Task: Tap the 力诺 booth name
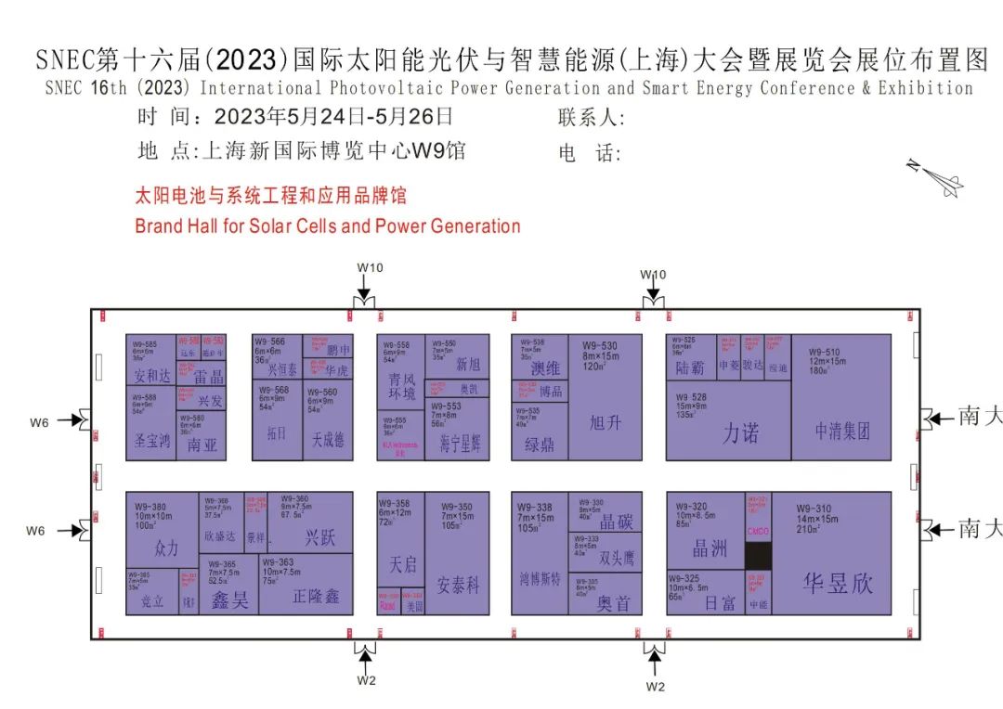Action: (x=740, y=432)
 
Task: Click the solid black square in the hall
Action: (x=758, y=556)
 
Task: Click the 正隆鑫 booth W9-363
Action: (x=306, y=584)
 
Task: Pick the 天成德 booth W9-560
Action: (x=328, y=422)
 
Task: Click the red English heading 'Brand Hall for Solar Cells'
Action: (x=327, y=226)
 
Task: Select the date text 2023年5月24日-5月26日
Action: (x=333, y=117)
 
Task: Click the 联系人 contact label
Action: (x=591, y=118)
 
